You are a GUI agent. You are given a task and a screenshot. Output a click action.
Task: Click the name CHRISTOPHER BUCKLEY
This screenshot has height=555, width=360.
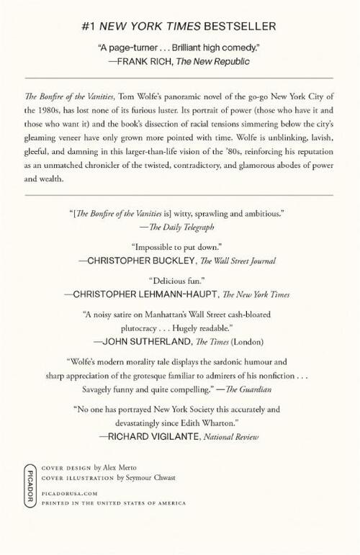click(140, 263)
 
